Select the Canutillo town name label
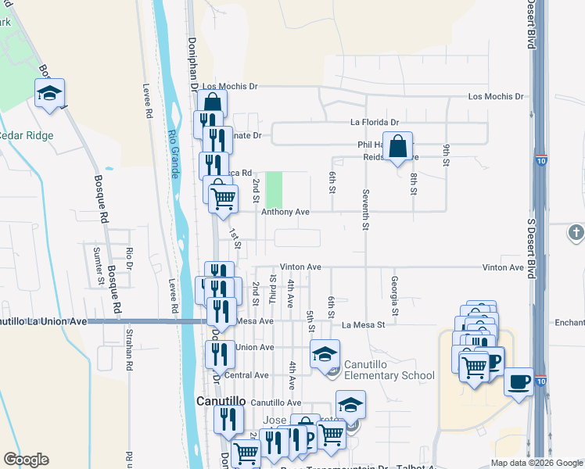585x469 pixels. [x=221, y=401]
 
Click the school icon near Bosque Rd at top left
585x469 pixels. [x=49, y=93]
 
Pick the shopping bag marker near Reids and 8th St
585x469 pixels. [x=397, y=146]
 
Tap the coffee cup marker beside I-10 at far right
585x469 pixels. [x=519, y=382]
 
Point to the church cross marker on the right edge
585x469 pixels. [x=576, y=232]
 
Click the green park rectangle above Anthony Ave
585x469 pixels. [x=274, y=189]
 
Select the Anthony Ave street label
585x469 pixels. [x=285, y=212]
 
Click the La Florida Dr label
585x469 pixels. [x=374, y=123]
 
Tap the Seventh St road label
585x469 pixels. [x=365, y=209]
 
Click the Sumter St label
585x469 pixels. [x=99, y=265]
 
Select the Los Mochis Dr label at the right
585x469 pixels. [x=495, y=96]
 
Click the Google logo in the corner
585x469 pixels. [x=26, y=460]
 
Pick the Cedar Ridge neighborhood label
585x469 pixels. [x=27, y=135]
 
